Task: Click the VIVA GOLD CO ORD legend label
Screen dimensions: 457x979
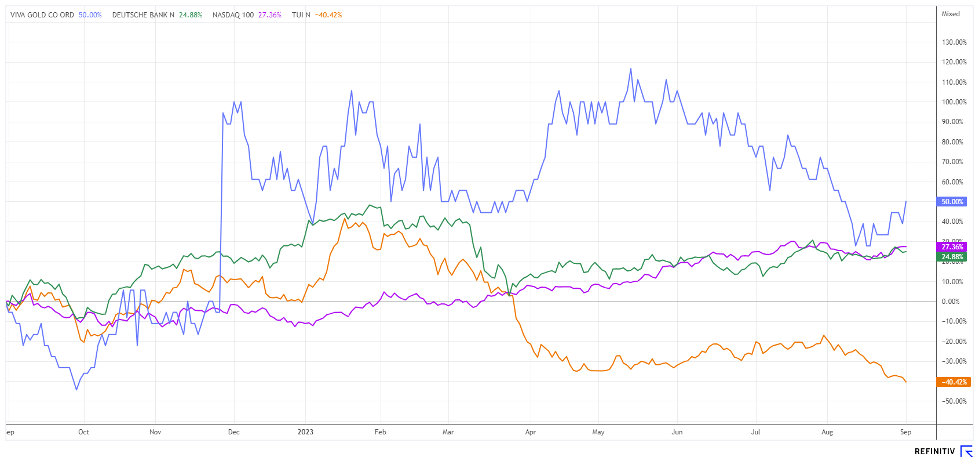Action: [42, 15]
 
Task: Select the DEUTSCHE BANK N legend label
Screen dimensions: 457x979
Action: [143, 15]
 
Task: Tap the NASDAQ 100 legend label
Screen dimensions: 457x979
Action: [233, 15]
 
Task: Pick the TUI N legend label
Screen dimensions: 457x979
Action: [301, 15]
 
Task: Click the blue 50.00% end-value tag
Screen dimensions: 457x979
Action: [952, 202]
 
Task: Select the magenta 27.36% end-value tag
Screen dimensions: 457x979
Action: [952, 247]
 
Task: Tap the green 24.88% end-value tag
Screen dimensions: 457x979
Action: [952, 257]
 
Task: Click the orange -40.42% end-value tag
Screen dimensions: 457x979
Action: [952, 382]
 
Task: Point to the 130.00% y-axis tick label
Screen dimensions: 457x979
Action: [954, 42]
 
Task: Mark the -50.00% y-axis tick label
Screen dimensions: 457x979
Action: [954, 401]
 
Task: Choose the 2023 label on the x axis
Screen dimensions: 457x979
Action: [305, 432]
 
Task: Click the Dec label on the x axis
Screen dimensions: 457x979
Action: [234, 432]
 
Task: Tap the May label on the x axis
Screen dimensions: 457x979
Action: [598, 432]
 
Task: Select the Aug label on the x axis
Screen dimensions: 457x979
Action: [827, 432]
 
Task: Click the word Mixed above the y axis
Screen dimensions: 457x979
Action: [951, 14]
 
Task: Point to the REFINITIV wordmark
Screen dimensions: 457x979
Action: [935, 451]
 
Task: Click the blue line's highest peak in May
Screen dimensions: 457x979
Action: [631, 68]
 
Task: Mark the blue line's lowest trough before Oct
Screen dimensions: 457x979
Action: [76, 390]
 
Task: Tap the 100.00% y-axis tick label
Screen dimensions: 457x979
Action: [954, 102]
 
